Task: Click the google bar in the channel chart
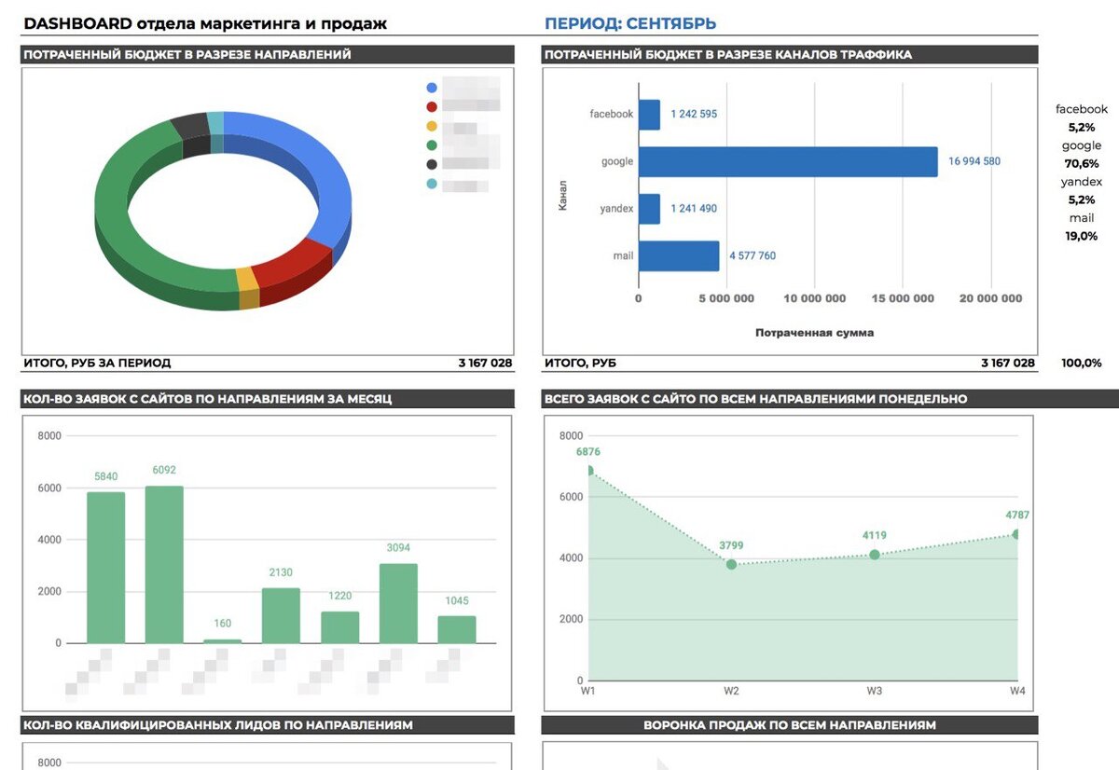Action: click(788, 161)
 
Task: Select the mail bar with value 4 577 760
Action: click(679, 255)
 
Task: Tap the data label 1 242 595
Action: click(694, 114)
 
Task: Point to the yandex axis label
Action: click(616, 208)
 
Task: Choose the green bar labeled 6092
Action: click(164, 564)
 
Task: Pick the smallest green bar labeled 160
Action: click(223, 640)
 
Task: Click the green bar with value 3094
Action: click(398, 603)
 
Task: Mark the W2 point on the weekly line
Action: click(731, 564)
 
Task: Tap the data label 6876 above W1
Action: click(588, 452)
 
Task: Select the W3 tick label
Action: click(875, 691)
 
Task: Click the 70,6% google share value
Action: click(1082, 163)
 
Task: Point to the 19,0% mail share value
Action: click(1082, 236)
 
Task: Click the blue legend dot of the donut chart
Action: click(432, 88)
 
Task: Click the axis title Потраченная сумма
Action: click(814, 333)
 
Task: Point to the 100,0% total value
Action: click(1082, 363)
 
